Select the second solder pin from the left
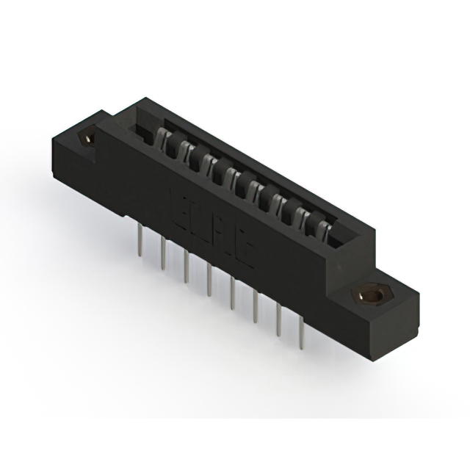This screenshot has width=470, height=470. [x=162, y=253]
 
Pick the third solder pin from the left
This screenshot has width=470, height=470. [x=186, y=267]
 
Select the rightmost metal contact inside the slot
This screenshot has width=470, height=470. [x=322, y=223]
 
